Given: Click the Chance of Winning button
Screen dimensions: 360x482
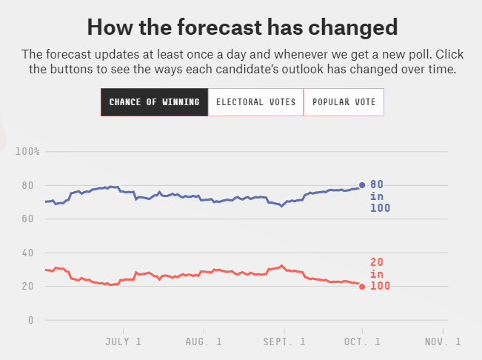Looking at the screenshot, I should click(154, 102).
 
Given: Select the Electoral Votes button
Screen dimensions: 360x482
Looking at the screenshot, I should click(255, 102).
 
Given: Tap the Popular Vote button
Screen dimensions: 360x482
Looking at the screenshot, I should click(344, 102).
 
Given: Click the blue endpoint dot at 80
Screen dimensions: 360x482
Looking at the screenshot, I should click(362, 185).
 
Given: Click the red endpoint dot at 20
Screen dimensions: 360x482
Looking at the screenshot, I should click(362, 286).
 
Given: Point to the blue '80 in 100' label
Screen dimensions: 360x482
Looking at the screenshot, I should click(380, 196).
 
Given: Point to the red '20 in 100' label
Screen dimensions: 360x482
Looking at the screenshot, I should click(380, 274).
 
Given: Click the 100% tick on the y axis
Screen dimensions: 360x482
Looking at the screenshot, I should click(27, 152).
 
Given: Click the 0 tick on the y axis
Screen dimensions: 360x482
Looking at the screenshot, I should click(30, 320).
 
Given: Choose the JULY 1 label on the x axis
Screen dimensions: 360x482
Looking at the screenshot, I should click(123, 341).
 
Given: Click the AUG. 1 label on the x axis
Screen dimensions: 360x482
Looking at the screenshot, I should click(204, 341).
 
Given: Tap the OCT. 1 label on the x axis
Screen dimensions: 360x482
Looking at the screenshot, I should click(363, 341).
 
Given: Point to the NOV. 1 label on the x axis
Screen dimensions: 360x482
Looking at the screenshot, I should click(443, 341).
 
